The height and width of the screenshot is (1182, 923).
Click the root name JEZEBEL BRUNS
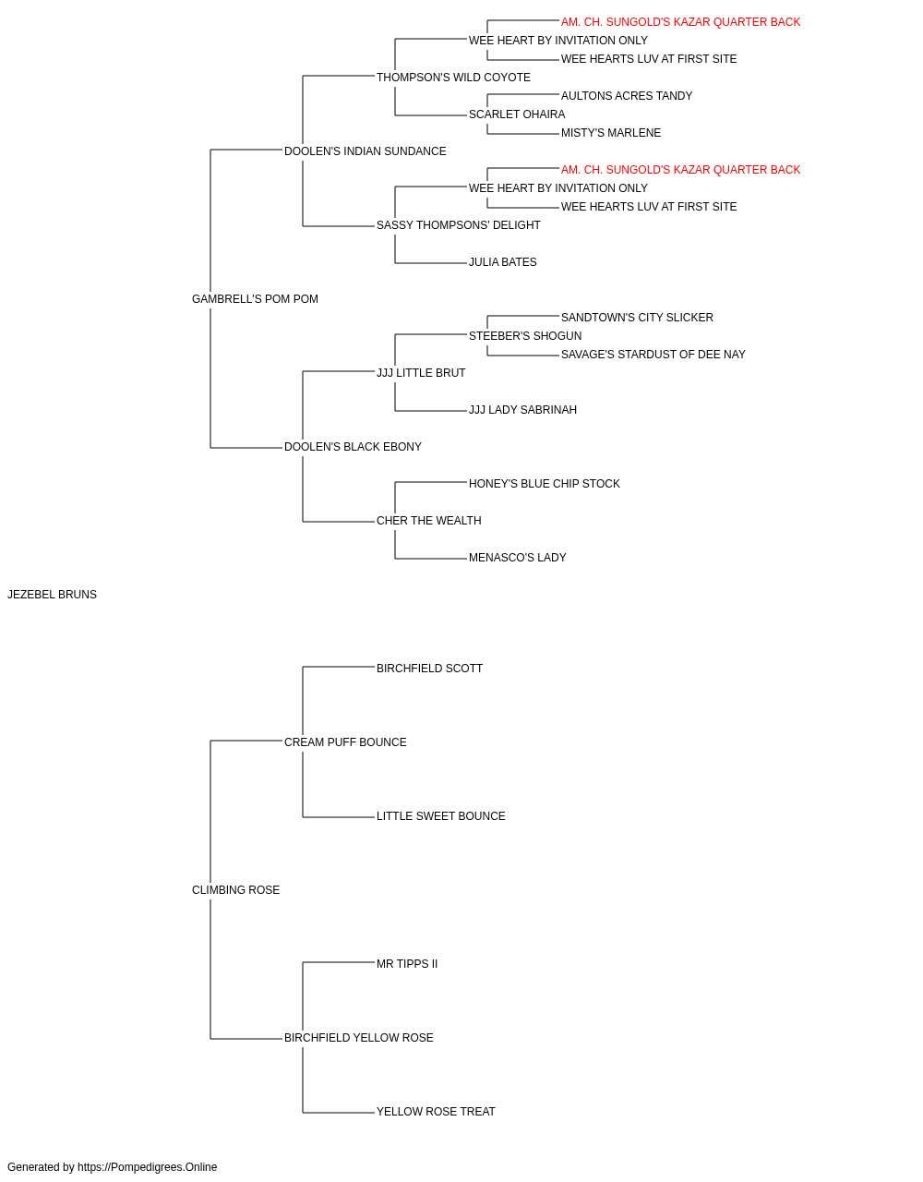(53, 595)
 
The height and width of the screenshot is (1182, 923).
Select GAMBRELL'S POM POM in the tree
(255, 299)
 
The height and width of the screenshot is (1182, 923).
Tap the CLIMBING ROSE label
(236, 890)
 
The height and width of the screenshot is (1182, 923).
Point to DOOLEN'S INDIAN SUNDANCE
(366, 151)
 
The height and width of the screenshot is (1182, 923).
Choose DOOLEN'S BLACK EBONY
(353, 447)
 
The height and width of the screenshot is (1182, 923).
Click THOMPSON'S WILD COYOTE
(453, 78)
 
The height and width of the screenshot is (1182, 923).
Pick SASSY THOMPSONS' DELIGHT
(458, 225)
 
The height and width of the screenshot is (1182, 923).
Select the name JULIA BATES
(503, 262)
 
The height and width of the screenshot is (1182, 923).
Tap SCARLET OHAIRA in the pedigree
(517, 115)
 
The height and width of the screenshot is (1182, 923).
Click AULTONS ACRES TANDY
(627, 96)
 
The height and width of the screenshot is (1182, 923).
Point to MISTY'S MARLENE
(611, 133)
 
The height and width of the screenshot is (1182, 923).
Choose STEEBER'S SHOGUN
(525, 336)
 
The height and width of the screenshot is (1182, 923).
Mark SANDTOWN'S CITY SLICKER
(637, 318)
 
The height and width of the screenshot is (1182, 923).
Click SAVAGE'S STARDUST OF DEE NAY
(653, 355)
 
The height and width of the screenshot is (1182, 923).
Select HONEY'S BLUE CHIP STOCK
(545, 484)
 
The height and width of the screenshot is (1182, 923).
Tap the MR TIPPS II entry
(407, 964)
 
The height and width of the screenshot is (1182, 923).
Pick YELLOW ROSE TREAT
(436, 1111)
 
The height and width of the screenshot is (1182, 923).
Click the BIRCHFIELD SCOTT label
(429, 669)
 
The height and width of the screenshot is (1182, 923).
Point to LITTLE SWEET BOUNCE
(441, 816)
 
